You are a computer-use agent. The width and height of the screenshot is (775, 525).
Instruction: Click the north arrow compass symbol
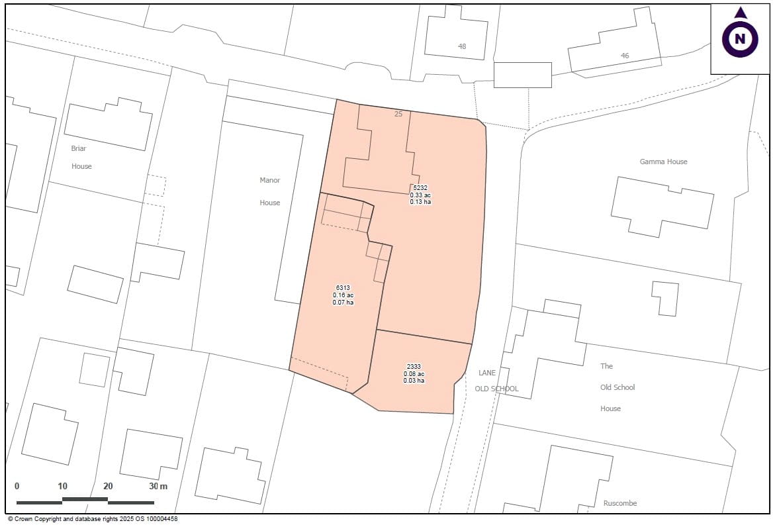point(740,38)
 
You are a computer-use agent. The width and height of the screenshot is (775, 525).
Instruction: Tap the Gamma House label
point(663,162)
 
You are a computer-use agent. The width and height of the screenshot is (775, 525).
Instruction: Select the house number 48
point(462,46)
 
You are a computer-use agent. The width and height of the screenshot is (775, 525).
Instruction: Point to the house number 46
point(625,56)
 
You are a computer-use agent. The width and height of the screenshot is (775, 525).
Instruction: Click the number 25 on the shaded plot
point(398,114)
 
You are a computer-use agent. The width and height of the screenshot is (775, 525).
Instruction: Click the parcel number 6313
point(343,288)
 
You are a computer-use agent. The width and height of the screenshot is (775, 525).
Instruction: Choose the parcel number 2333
point(414,367)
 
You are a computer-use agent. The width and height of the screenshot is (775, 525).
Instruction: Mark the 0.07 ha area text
point(343,303)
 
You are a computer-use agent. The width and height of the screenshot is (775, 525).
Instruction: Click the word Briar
point(79,148)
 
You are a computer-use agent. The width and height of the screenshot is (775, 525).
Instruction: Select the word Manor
point(269,180)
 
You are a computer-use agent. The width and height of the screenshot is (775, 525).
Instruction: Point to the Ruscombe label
point(620,503)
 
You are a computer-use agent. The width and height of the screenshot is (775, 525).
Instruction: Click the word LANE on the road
point(487,373)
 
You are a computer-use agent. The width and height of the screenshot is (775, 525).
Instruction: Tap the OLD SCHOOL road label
point(496,389)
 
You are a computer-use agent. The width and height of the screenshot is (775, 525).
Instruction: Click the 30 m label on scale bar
point(158,487)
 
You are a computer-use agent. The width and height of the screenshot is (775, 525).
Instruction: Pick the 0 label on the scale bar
point(17,487)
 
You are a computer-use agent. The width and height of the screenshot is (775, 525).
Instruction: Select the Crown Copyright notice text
point(93,520)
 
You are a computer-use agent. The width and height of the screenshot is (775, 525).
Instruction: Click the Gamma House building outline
point(662,205)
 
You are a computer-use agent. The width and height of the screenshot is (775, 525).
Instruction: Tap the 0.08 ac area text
point(414,374)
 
